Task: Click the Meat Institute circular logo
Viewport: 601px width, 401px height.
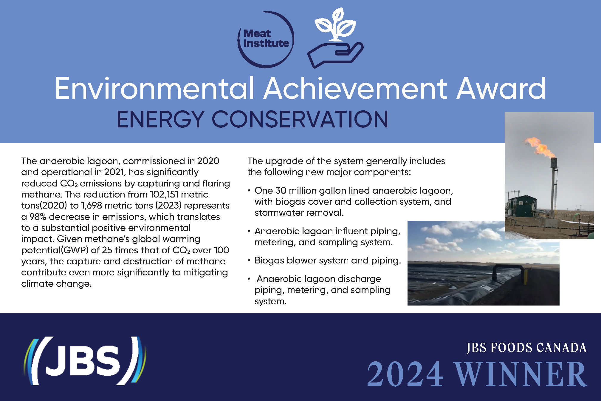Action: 266,39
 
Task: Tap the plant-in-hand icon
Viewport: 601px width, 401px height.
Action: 335,38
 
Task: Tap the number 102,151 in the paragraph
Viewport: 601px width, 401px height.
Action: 164,195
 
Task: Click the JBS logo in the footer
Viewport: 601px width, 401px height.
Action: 85,361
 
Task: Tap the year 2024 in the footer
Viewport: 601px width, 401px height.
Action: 405,374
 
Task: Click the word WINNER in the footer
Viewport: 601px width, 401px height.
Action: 520,374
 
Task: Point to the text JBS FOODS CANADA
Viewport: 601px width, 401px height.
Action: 526,348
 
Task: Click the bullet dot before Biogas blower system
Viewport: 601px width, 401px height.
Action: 249,260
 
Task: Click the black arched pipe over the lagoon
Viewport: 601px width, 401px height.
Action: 508,272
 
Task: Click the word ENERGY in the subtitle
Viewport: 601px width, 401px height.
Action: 160,119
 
